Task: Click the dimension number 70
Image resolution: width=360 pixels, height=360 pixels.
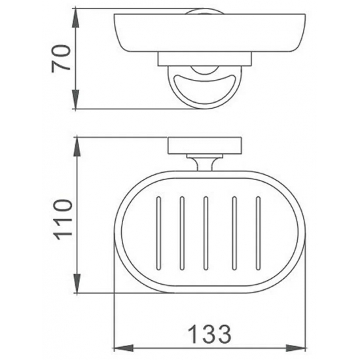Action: coord(60,59)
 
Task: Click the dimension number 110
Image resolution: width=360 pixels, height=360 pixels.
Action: coord(62,220)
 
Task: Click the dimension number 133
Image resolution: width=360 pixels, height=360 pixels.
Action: coord(209,333)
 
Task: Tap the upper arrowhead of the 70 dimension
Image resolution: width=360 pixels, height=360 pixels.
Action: coord(75,18)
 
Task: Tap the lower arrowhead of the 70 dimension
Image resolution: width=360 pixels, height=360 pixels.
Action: coord(75,99)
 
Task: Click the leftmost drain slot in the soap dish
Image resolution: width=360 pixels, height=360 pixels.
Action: coord(158,233)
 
